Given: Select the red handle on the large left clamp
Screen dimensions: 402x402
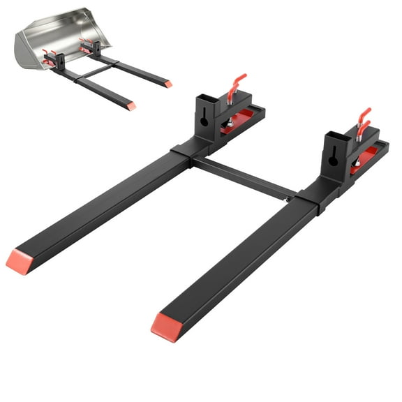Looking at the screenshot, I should [x=237, y=83].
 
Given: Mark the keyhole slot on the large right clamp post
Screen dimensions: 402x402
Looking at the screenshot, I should [x=333, y=158].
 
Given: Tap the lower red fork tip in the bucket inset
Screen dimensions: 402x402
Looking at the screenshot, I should [x=131, y=106].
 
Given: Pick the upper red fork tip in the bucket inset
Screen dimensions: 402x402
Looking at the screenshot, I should [x=168, y=84].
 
